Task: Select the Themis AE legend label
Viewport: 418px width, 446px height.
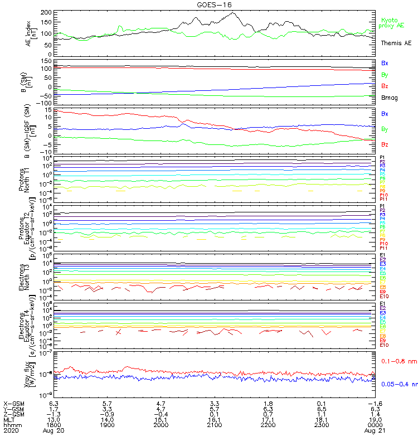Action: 396,43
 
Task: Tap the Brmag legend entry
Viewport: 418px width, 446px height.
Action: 389,98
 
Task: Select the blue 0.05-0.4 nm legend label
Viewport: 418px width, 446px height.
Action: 398,384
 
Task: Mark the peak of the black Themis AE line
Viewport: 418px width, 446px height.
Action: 232,13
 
